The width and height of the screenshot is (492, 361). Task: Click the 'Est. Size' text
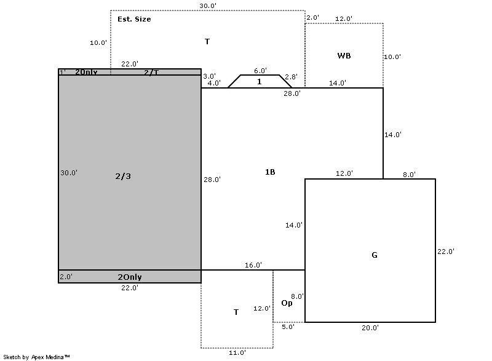[x=134, y=19]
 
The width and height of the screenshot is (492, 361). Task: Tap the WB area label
[x=344, y=56]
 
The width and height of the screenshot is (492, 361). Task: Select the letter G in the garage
[x=375, y=255]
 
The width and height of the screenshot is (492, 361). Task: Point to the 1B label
[x=270, y=172]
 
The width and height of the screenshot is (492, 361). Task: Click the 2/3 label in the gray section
[x=123, y=177]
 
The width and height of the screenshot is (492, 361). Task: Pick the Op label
[x=287, y=303]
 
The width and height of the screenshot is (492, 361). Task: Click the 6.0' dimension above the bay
[x=260, y=71]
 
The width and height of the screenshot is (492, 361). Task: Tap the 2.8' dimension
[x=291, y=77]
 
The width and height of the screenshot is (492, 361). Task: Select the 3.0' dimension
[x=209, y=76]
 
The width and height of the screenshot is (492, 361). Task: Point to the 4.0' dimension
[x=214, y=83]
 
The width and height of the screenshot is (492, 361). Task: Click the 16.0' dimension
[x=253, y=265]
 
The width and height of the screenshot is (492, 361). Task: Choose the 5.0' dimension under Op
[x=288, y=327]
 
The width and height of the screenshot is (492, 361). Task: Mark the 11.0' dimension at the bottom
[x=237, y=353]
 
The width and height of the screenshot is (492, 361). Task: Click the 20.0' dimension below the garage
[x=370, y=328]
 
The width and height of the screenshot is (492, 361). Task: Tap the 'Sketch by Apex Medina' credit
[x=37, y=357]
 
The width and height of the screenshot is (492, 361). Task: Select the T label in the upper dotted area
[x=207, y=41]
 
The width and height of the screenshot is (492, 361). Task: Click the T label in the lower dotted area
[x=236, y=312]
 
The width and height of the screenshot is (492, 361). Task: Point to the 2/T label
[x=151, y=73]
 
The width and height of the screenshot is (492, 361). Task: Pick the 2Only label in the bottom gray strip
[x=130, y=277]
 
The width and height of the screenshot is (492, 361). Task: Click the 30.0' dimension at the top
[x=208, y=6]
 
